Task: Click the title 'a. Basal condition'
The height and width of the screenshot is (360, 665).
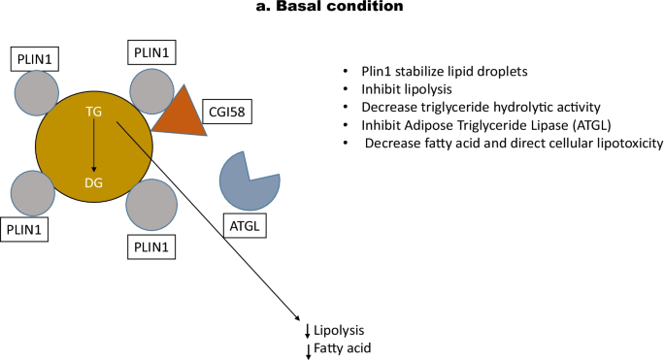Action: [332, 9]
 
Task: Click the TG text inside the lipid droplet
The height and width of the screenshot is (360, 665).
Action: [94, 112]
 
